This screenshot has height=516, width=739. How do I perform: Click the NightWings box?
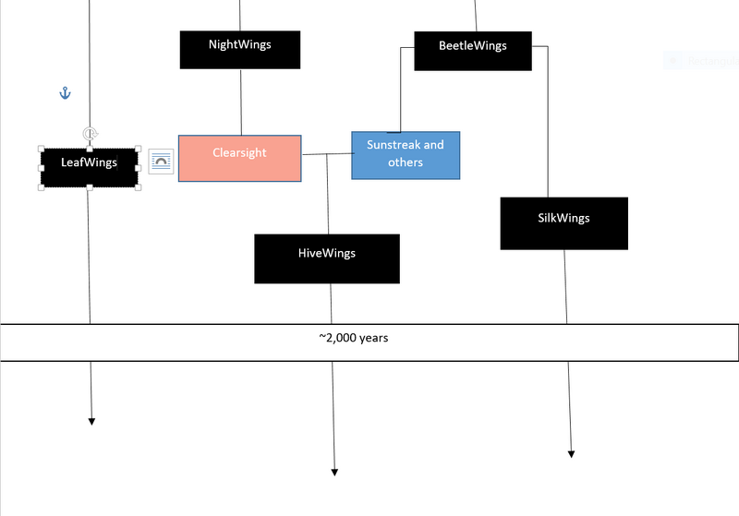coord(239,49)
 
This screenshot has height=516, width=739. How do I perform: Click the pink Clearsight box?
coord(239,158)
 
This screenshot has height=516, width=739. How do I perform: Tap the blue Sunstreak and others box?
coord(406,154)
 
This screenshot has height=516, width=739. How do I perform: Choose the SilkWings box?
coord(563,222)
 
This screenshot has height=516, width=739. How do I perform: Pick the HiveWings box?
coord(326,258)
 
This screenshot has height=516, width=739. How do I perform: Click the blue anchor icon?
coord(65,93)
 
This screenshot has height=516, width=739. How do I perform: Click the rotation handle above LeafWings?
coord(90,134)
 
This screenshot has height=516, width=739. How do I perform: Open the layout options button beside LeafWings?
coord(161,162)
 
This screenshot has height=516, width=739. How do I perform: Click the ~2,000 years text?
coord(354,338)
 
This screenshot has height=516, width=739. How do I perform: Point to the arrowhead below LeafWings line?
coord(91,421)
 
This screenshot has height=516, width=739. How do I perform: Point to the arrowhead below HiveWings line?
coord(334,472)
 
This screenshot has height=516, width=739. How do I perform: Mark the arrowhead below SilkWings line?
coord(571,453)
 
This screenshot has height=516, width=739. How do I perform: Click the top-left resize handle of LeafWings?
coord(42,149)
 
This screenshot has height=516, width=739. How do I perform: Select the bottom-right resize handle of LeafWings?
coord(139,187)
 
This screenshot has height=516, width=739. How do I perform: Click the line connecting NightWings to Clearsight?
coord(241,102)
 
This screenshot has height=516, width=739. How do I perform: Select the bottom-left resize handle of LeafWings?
coord(42,187)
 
